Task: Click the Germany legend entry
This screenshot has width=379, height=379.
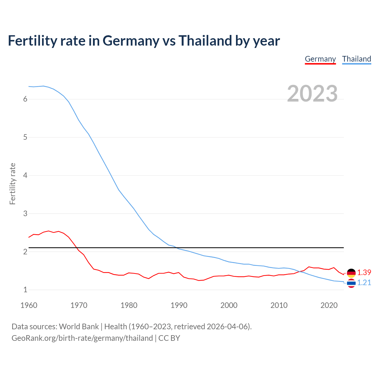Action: (x=320, y=59)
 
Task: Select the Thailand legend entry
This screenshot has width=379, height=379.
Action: (x=356, y=59)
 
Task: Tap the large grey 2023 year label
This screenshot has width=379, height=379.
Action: (x=312, y=94)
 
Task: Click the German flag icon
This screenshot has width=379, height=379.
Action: (x=351, y=273)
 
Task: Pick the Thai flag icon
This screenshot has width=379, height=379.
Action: (x=351, y=283)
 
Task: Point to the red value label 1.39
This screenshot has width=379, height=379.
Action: (x=364, y=272)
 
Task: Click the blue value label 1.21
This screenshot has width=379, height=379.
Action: (x=364, y=282)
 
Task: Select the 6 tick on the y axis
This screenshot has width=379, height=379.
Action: (x=25, y=99)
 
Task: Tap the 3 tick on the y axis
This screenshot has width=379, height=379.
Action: (x=25, y=213)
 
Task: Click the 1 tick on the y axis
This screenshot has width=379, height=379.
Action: (x=25, y=290)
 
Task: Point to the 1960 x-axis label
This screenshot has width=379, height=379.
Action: (x=29, y=305)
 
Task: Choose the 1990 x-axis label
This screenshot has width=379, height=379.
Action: (x=179, y=305)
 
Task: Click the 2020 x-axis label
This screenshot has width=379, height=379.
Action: (x=329, y=305)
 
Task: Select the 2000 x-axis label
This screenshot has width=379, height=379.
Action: (x=229, y=305)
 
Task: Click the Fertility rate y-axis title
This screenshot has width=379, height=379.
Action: (x=12, y=184)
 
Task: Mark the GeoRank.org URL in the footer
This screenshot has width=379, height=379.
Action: (x=82, y=338)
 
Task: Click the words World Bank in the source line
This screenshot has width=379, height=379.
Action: (x=79, y=327)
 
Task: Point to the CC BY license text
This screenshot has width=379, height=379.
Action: (x=169, y=338)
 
